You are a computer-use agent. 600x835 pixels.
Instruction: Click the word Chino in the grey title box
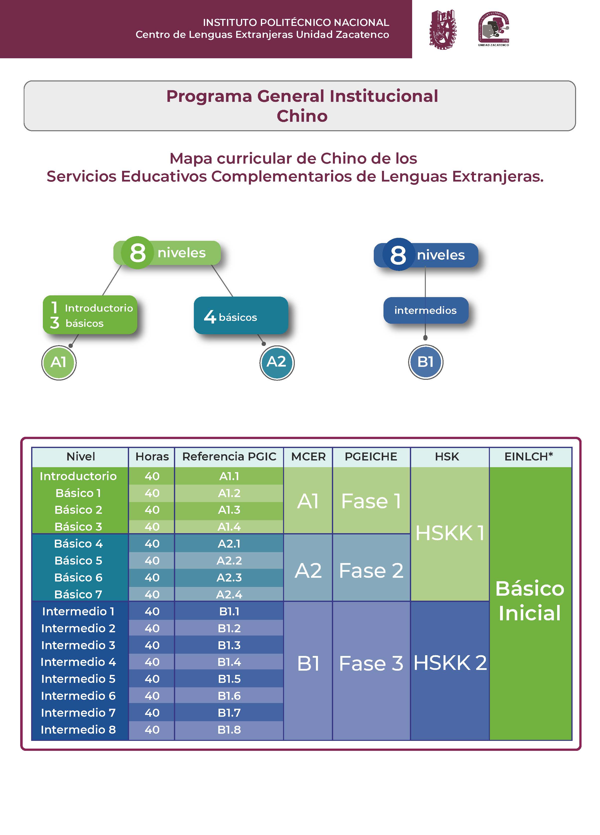(x=302, y=116)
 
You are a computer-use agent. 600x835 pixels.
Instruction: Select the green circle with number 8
(x=137, y=253)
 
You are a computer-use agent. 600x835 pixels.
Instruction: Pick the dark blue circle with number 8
(x=398, y=255)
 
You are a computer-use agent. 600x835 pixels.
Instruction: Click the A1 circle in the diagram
(x=59, y=362)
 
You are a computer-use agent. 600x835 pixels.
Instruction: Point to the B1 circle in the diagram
(x=425, y=362)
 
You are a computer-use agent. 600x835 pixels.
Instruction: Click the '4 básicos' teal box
(x=241, y=316)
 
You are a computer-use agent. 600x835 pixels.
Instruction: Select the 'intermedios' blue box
(x=425, y=310)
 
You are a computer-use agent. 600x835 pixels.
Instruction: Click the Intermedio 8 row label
(x=78, y=729)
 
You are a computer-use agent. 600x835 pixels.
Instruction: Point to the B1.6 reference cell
(x=229, y=696)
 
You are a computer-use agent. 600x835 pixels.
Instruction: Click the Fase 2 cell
(x=371, y=571)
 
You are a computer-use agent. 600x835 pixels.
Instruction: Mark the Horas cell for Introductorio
(x=152, y=476)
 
